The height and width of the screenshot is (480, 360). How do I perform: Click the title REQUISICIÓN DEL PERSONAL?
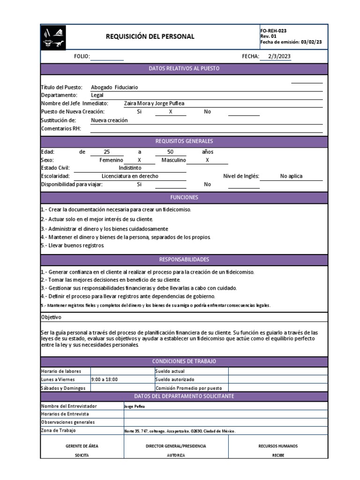(x=150, y=37)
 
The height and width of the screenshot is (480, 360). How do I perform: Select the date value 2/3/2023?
(x=279, y=56)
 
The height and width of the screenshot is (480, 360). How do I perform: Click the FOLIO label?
(x=82, y=57)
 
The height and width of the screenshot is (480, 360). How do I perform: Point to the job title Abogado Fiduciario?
(x=114, y=87)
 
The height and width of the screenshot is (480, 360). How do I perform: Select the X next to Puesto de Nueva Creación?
(x=171, y=112)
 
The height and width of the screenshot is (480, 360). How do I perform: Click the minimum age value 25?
(x=106, y=152)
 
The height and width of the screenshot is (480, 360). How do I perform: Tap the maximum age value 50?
(x=170, y=152)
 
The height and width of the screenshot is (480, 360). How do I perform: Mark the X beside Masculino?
(x=207, y=160)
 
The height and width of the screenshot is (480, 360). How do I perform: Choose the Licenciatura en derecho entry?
(x=130, y=176)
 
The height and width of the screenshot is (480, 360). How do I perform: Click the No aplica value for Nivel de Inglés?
(x=291, y=176)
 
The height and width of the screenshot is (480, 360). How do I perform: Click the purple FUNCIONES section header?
(x=184, y=197)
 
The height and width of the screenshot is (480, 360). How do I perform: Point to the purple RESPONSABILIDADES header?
(x=184, y=259)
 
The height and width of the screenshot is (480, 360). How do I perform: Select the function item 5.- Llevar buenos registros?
(x=73, y=245)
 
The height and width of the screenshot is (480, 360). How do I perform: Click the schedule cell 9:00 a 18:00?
(x=105, y=379)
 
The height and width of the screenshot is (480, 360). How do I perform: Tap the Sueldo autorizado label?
(x=174, y=379)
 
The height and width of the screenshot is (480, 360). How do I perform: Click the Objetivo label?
(x=52, y=317)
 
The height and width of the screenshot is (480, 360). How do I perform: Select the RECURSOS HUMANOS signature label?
(x=278, y=446)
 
